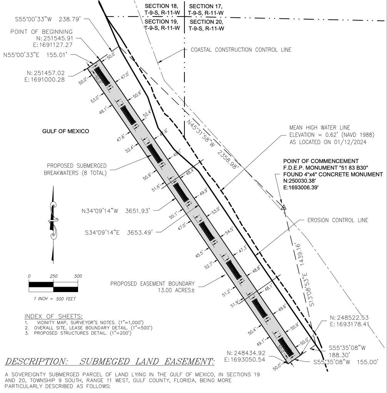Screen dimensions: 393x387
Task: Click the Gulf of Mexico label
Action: (x=65, y=131)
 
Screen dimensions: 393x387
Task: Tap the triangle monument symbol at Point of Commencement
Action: (x=284, y=208)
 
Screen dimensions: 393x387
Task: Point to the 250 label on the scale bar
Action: (x=53, y=276)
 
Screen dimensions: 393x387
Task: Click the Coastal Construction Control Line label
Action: (x=241, y=50)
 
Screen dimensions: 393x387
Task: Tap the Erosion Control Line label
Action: (x=337, y=220)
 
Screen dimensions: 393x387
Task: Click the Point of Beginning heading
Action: (x=41, y=31)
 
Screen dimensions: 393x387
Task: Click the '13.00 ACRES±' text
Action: (x=173, y=291)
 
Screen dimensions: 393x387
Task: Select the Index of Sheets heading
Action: (x=53, y=316)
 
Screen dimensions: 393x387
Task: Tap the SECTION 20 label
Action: (x=206, y=22)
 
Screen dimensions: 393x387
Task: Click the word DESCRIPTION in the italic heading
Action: (x=37, y=362)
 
